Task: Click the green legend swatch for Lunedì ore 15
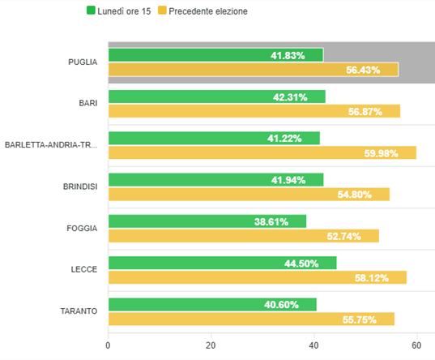[91, 11]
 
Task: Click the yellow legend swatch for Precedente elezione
[163, 11]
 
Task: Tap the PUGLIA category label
[83, 62]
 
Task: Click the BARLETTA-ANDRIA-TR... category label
[51, 145]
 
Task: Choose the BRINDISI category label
[79, 186]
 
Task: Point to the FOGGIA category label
[82, 228]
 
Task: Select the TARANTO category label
[79, 311]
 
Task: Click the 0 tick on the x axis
[108, 344]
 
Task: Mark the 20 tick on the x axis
[211, 344]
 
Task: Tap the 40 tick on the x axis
[313, 344]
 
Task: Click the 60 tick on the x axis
[416, 344]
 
